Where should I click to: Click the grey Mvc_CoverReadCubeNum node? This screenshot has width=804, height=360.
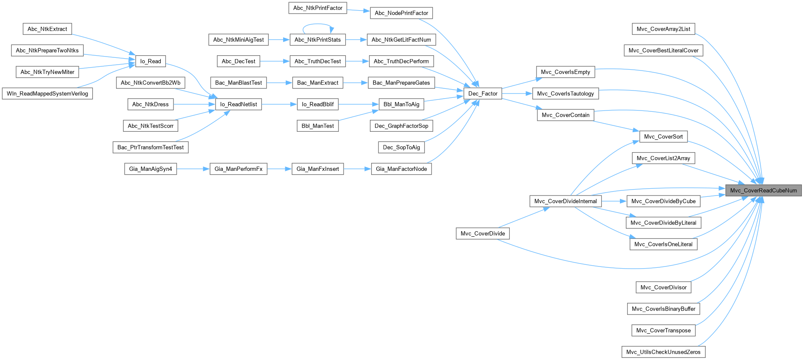763,190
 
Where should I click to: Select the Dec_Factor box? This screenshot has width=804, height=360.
483,94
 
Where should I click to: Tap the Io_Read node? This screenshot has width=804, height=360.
151,61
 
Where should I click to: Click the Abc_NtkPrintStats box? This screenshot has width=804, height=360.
318,40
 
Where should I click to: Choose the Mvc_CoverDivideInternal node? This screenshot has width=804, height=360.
565,201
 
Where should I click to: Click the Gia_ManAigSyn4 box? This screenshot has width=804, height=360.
151,169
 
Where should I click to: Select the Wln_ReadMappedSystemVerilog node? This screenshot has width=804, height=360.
47,94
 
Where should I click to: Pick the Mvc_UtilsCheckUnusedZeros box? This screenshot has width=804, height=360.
663,352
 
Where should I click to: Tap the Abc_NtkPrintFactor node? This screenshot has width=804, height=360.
318,8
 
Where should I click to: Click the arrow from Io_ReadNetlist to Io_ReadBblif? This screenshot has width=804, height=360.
279,104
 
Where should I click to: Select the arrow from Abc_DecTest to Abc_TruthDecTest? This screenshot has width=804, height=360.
275,61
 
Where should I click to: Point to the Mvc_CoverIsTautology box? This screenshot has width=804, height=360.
565,94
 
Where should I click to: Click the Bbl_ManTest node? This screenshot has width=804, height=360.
318,126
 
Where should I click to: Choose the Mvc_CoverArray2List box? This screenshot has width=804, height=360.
663,29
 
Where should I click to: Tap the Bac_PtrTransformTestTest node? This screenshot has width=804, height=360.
151,147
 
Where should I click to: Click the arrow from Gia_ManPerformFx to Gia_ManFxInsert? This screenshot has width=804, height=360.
279,169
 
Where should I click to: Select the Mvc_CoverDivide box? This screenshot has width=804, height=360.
483,234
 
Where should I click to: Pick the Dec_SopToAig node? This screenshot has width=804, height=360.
401,147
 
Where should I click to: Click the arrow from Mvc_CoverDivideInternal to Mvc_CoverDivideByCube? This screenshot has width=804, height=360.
614,201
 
